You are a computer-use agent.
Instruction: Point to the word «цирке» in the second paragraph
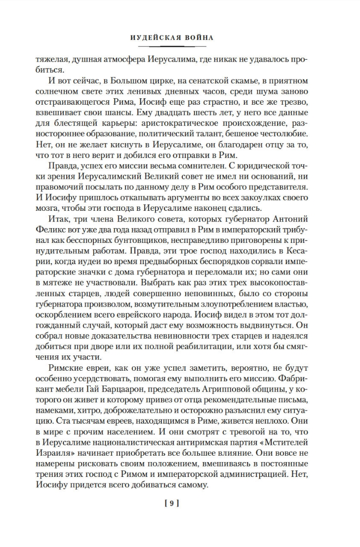coord(135,92)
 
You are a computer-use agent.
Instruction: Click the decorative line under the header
coord(180,46)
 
